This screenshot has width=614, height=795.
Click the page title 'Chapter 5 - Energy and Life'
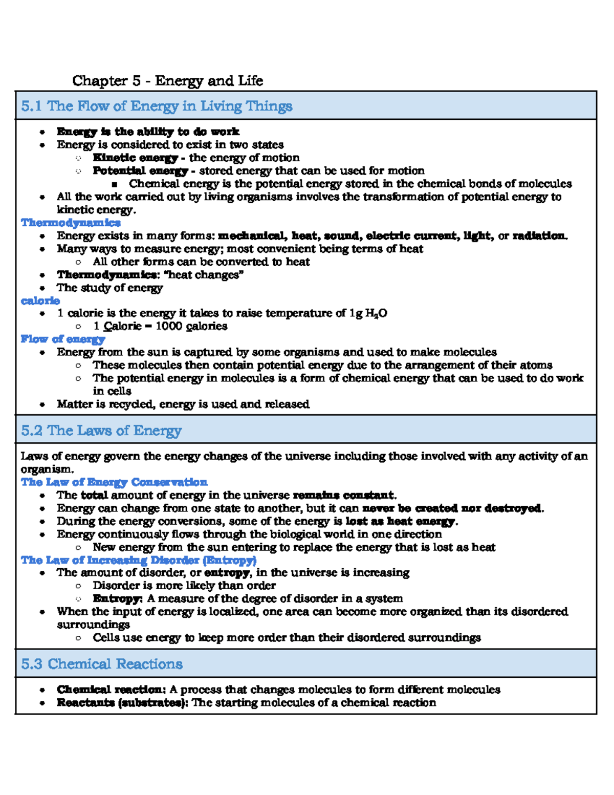pyautogui.click(x=167, y=81)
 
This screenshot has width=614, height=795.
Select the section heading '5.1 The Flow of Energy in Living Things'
pyautogui.click(x=157, y=106)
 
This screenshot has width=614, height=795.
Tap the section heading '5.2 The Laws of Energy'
pyautogui.click(x=101, y=431)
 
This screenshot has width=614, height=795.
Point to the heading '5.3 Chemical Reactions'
pyautogui.click(x=102, y=664)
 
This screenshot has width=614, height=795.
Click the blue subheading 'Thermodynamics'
pyautogui.click(x=71, y=223)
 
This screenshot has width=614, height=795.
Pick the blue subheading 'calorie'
pyautogui.click(x=40, y=300)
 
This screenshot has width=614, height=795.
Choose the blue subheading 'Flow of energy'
pyautogui.click(x=63, y=339)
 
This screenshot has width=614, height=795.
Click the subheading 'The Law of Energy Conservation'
pyautogui.click(x=114, y=482)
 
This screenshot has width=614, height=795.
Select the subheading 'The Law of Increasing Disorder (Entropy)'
pyautogui.click(x=139, y=560)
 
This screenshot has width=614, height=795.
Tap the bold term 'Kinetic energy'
pyautogui.click(x=135, y=158)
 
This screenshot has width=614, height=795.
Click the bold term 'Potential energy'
pyautogui.click(x=140, y=170)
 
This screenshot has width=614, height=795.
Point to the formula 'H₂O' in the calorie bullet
pyautogui.click(x=376, y=313)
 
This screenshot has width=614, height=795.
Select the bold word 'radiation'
pyautogui.click(x=539, y=236)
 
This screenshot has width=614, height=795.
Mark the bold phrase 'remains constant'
pyautogui.click(x=343, y=496)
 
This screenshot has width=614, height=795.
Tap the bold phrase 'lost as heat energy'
pyautogui.click(x=400, y=522)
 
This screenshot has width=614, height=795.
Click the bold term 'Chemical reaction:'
pyautogui.click(x=111, y=690)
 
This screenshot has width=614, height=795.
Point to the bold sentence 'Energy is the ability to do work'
pyautogui.click(x=148, y=132)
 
